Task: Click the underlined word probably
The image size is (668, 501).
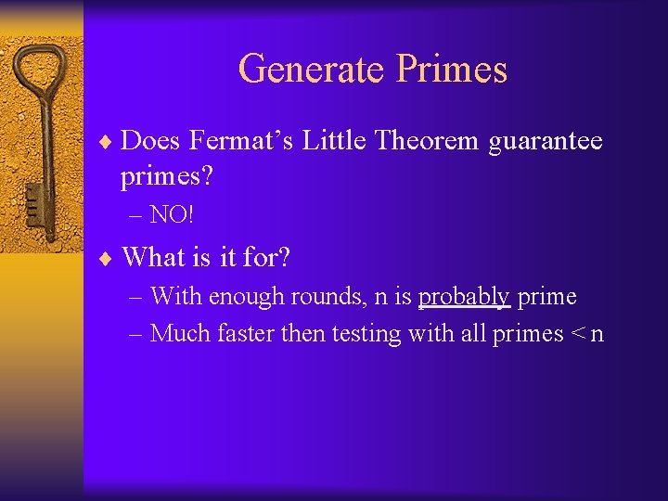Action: (x=464, y=297)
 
